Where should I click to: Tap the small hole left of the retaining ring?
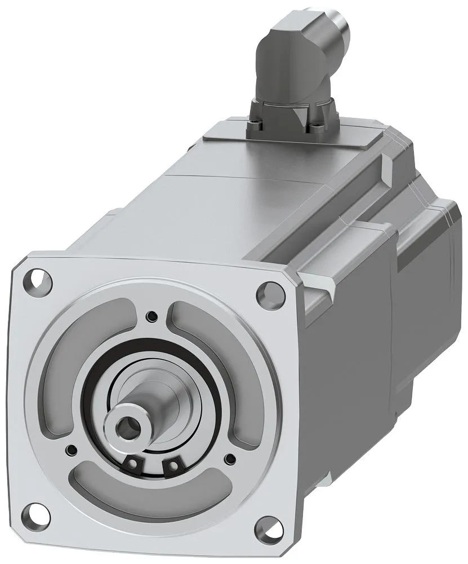pos(72,450)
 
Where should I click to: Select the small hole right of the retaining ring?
pos(230,458)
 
